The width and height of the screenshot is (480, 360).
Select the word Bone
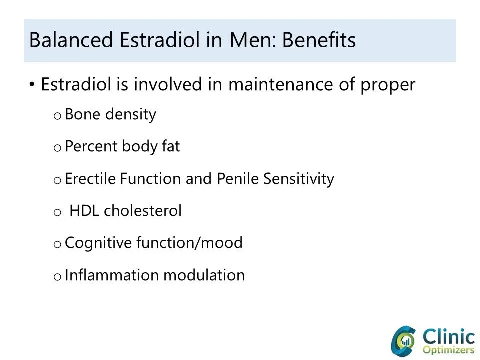(83, 114)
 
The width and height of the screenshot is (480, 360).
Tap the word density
(131, 115)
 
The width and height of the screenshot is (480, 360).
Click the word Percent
(92, 146)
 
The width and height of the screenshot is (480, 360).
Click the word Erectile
(91, 178)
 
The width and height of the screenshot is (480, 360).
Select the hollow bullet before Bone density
(57, 116)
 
